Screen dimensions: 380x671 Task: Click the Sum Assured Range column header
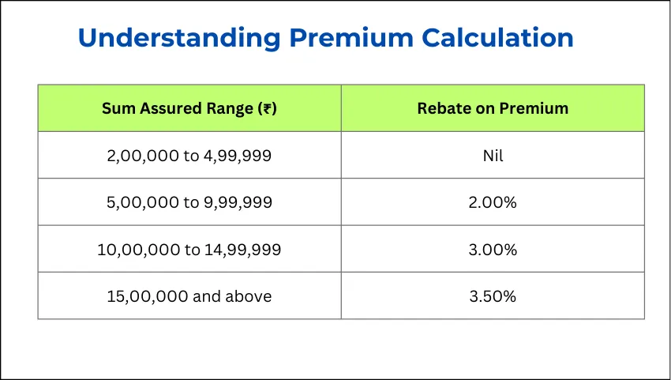[x=189, y=108]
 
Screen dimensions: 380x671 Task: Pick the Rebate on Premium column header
[x=493, y=108]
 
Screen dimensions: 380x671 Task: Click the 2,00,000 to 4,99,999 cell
[x=189, y=156]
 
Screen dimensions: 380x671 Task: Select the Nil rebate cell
[x=493, y=156]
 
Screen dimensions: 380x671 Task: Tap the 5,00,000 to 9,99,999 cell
[x=189, y=202]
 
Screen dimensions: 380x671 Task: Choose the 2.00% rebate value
[x=493, y=202]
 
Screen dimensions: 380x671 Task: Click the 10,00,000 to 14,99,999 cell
[x=189, y=250]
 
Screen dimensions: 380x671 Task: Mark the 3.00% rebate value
[x=493, y=250]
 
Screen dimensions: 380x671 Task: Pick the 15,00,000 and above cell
[x=189, y=296]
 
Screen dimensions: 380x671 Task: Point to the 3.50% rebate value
[x=493, y=296]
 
